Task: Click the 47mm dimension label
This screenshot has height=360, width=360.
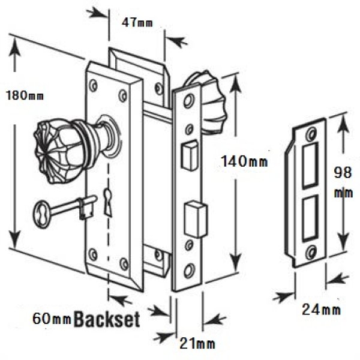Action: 137,23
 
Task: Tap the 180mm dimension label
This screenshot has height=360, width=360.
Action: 25,95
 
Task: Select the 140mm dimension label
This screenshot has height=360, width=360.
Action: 244,161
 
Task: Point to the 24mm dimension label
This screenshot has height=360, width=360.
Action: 321,309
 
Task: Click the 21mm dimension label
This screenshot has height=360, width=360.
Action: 197,344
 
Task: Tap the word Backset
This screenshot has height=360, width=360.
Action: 107,319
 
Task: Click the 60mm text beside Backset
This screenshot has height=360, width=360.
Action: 52,319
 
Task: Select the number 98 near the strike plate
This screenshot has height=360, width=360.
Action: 343,172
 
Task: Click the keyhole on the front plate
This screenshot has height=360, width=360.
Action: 107,202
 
